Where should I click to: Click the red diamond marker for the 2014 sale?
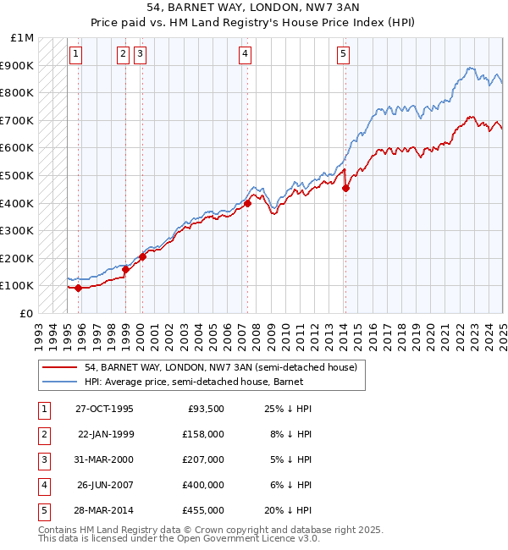345,188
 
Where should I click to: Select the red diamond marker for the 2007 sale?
247,203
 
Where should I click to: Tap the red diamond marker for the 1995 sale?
79,288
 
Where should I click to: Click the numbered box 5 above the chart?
343,55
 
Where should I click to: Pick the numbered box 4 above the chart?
245,55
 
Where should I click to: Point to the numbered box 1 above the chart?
76,55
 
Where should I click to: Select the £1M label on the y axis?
22,38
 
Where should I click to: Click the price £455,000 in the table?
203,510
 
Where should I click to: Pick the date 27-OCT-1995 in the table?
104,409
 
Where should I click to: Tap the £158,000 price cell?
203,434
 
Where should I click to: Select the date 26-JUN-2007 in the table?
104,485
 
